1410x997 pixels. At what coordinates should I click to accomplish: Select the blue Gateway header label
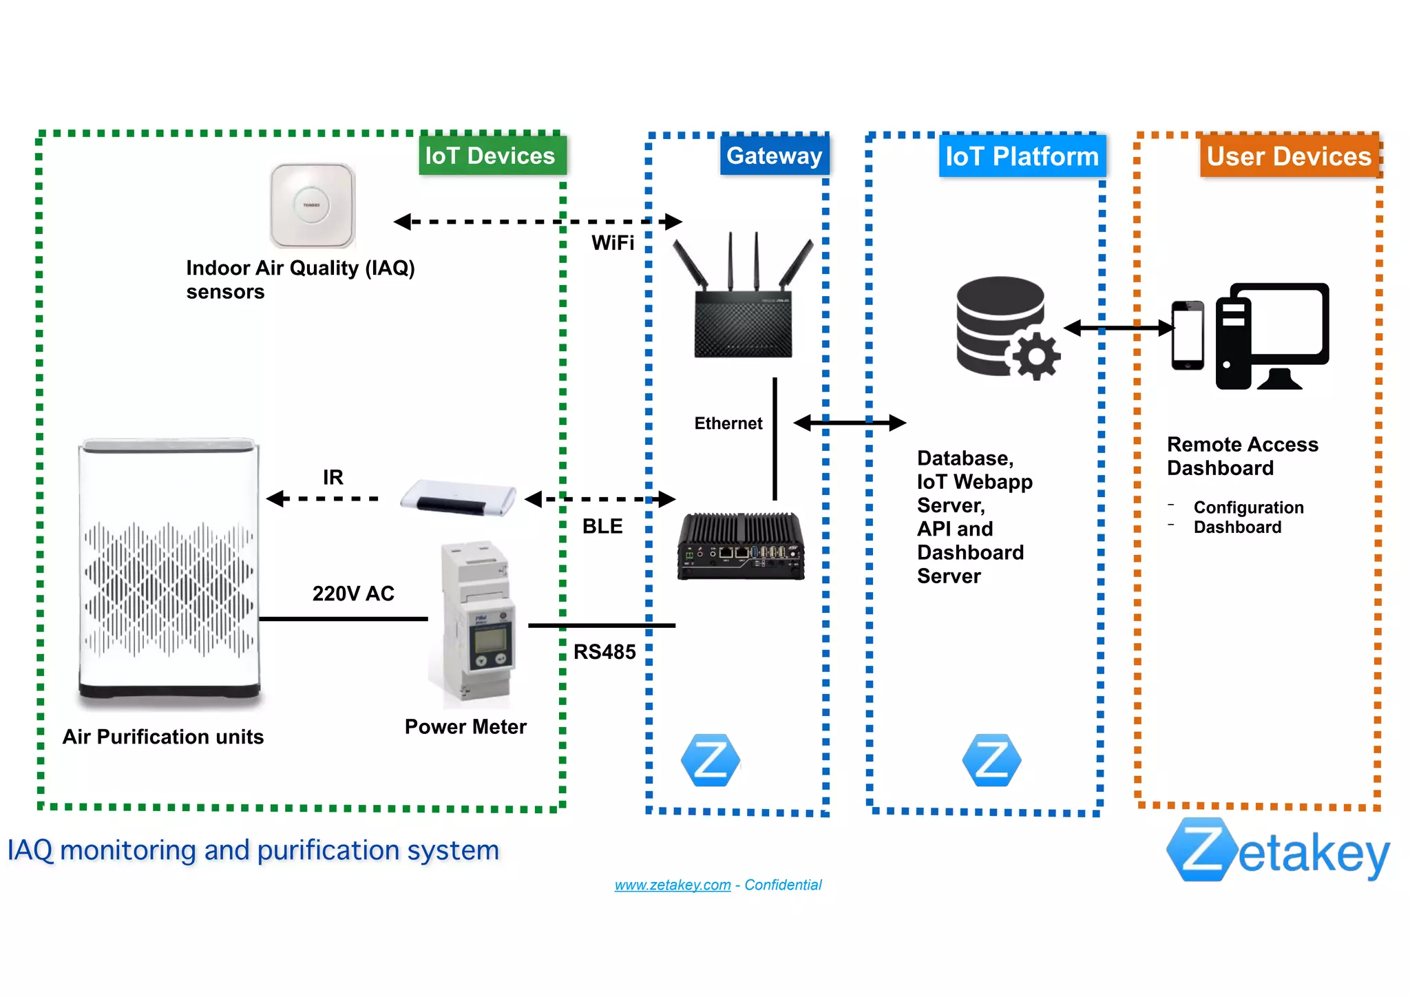774,156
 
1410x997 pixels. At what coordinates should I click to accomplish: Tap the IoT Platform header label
1022,156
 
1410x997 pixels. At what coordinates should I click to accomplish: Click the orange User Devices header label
1289,156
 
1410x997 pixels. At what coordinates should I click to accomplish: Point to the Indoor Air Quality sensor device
312,205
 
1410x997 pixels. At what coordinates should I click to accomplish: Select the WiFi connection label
612,243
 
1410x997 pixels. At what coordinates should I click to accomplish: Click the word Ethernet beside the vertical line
728,423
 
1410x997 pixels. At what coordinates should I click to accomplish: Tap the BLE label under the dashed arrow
602,526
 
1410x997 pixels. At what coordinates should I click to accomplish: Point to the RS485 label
604,652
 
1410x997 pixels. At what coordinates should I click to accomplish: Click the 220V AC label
353,594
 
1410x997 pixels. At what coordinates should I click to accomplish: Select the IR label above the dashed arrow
333,477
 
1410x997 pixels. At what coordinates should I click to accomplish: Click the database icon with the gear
1005,328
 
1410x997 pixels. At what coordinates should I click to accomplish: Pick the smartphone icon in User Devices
1188,335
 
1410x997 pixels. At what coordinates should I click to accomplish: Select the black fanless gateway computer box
741,546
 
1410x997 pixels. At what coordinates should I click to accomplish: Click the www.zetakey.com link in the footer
672,885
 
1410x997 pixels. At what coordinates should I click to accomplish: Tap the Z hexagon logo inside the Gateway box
710,761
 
